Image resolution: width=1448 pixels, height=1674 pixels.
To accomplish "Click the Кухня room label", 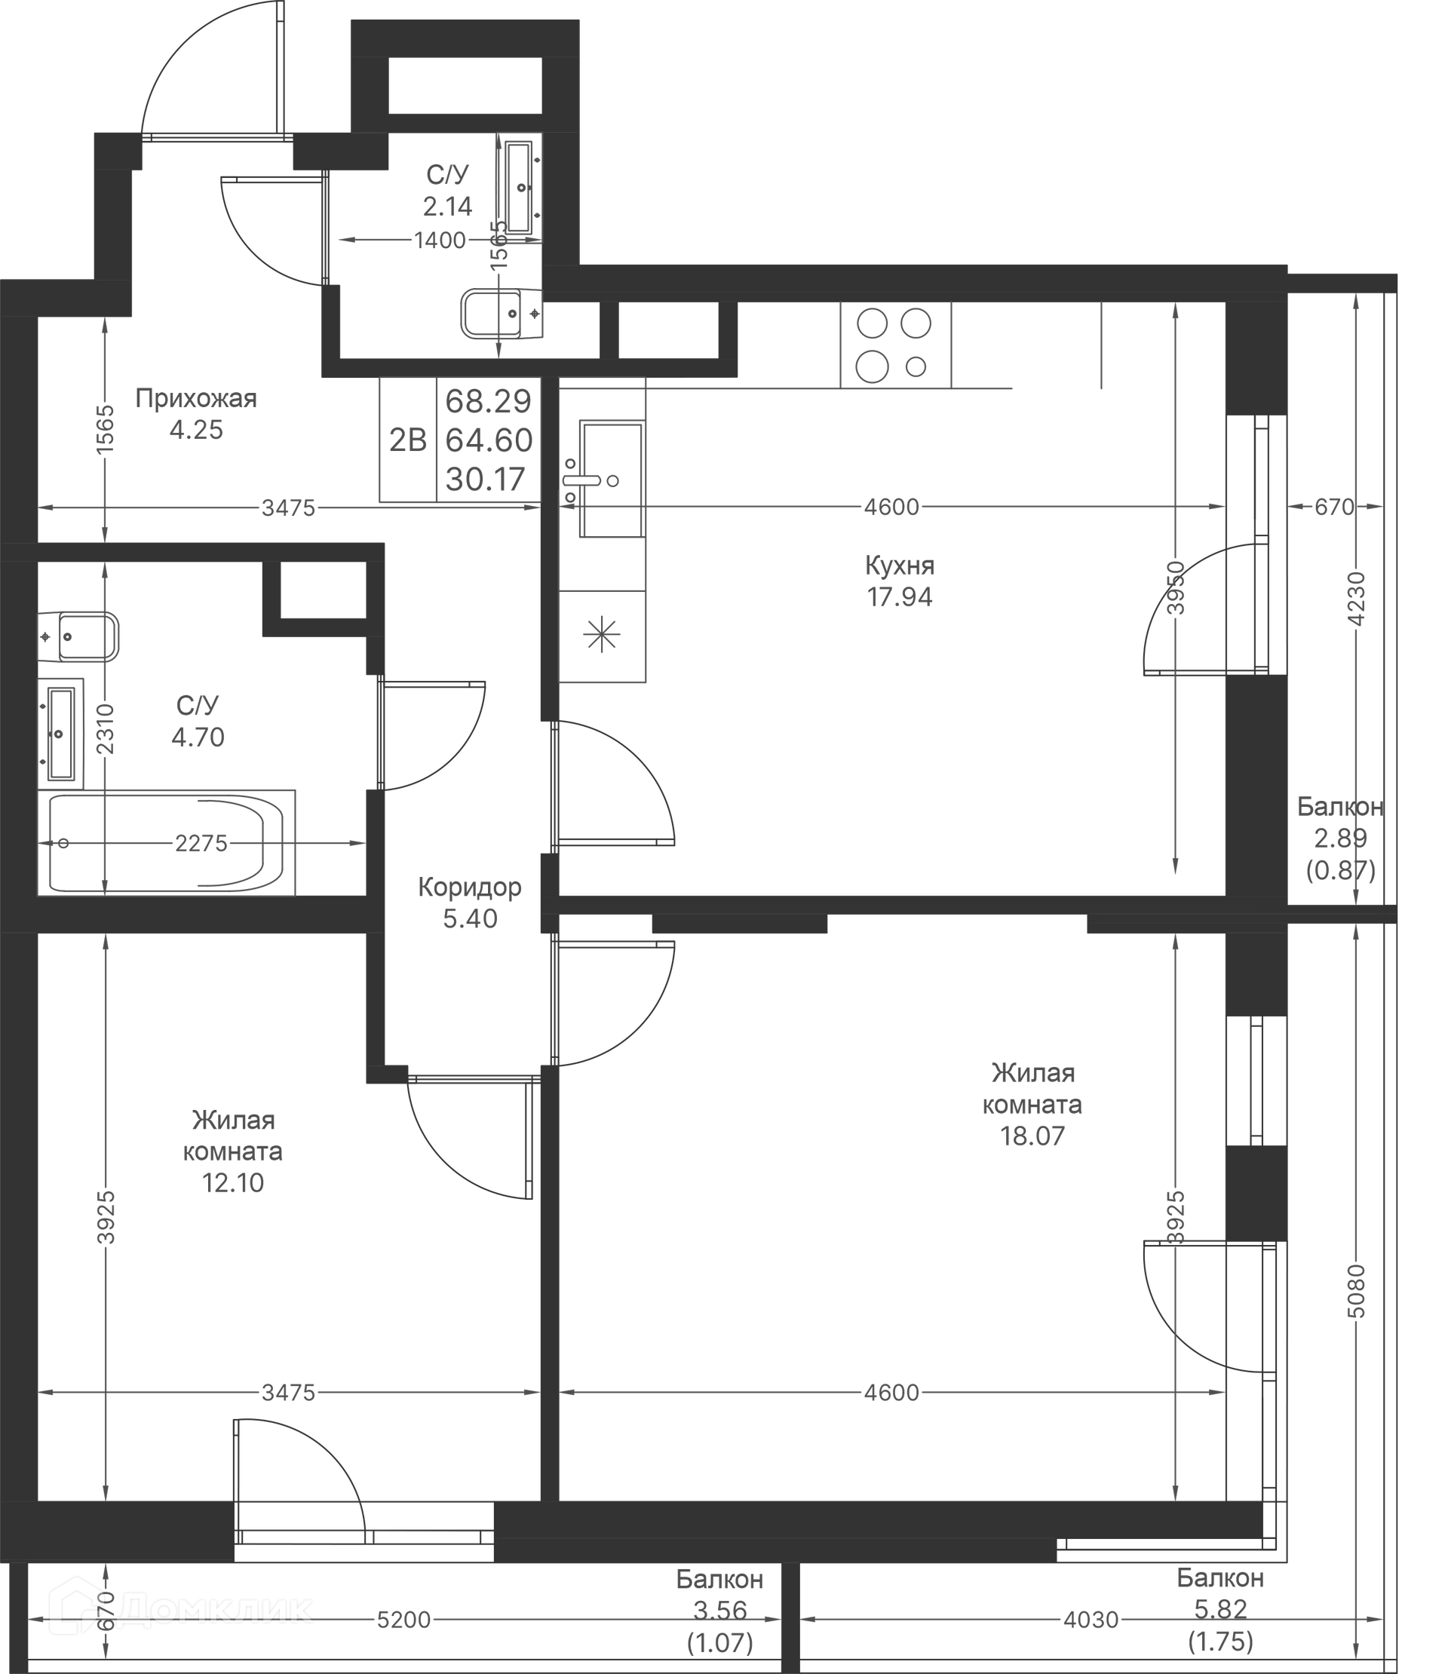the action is (x=899, y=565).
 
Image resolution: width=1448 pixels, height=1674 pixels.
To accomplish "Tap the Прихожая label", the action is (x=195, y=398).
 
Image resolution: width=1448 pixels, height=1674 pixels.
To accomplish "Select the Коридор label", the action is (x=469, y=887).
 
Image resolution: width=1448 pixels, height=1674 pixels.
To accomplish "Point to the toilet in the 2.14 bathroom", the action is (x=501, y=314).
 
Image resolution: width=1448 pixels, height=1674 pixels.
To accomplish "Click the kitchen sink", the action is (x=611, y=478).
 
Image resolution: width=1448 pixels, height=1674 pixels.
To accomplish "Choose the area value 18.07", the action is (x=1032, y=1136).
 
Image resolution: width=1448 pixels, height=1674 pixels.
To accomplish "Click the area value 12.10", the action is (x=233, y=1183).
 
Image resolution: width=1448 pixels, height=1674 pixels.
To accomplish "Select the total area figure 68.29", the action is (x=489, y=400).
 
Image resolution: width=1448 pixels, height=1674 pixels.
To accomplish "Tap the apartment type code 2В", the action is (x=408, y=440).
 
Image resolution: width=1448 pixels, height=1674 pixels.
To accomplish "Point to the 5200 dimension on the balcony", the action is (x=404, y=1619).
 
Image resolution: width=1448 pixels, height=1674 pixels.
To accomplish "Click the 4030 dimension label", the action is (x=1091, y=1619).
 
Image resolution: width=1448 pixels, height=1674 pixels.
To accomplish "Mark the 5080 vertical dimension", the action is (x=1357, y=1291).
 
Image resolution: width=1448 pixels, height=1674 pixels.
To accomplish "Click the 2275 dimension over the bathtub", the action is (x=201, y=844).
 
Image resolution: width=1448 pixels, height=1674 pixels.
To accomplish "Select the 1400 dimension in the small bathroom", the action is (x=440, y=240).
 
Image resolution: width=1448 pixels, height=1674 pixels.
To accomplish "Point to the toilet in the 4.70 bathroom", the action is (x=79, y=636).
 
